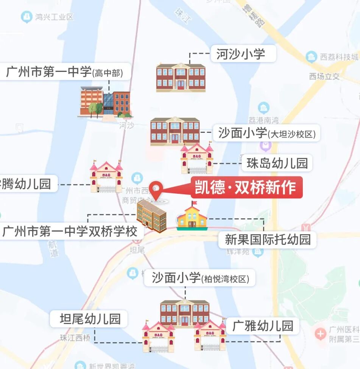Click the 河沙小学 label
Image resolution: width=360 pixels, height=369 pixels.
click(241, 54)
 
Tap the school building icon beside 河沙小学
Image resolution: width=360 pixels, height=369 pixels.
click(181, 78)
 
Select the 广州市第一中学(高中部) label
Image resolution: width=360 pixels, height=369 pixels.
click(65, 72)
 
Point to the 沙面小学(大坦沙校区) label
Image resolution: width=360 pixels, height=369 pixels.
click(266, 133)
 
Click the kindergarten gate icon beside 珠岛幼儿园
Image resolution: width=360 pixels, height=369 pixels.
click(197, 159)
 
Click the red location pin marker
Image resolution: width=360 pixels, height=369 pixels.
click(156, 189)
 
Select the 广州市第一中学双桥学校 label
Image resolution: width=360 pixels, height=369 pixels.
click(70, 231)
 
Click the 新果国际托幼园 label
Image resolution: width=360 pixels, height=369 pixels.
click(267, 240)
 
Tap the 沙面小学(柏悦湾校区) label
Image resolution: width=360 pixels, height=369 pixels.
click(200, 279)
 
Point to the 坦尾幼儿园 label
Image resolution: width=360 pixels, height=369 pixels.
click(89, 319)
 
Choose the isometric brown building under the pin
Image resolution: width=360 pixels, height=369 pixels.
click(151, 216)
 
